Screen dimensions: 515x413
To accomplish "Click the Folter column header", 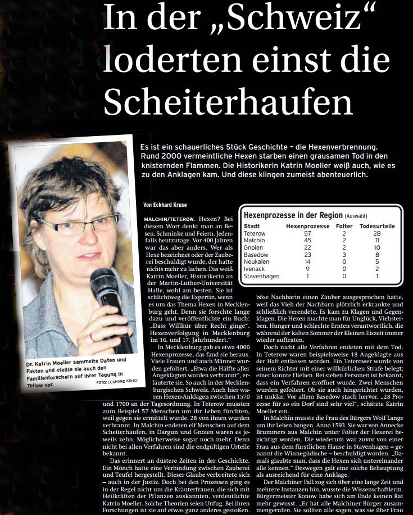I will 344,225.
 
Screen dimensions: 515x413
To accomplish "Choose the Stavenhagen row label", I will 262,276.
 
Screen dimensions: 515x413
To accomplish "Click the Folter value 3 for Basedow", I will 344,254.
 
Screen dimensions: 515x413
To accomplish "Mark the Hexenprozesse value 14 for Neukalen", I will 307,261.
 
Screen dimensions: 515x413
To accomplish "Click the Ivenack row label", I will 254,269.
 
